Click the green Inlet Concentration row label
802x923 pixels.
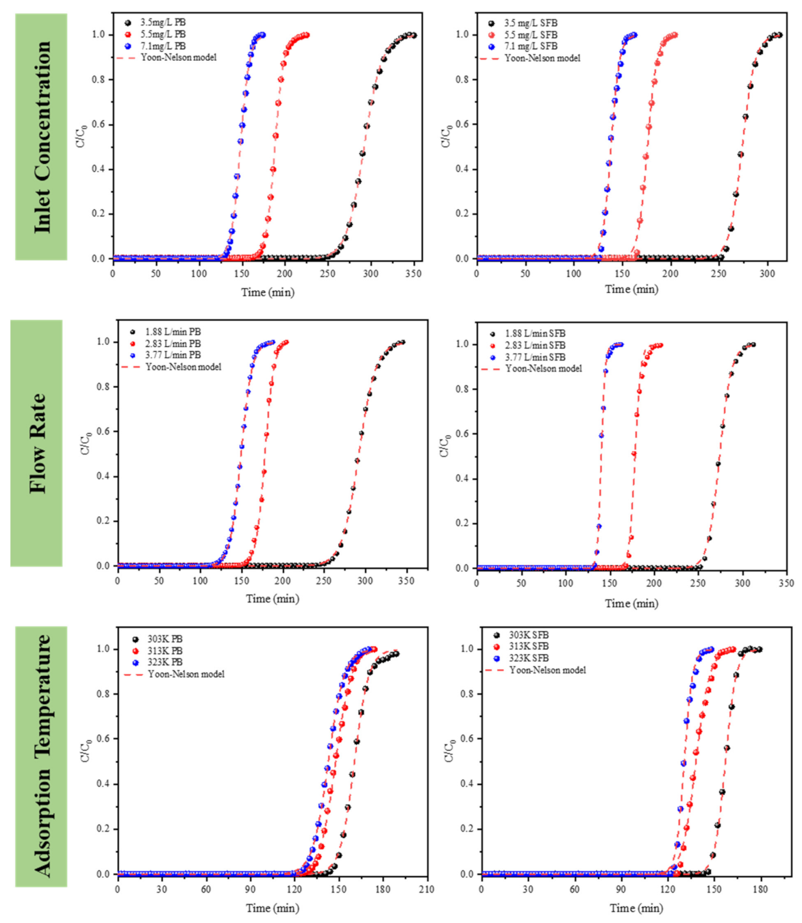tap(41, 137)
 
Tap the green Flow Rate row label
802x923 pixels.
tap(36, 443)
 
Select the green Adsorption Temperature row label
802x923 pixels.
tap(41, 756)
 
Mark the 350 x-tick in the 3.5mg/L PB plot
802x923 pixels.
tap(413, 274)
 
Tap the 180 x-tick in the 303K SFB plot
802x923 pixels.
tap(760, 889)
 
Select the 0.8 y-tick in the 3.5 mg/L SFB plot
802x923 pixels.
tap(462, 79)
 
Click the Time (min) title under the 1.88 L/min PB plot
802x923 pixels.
tap(272, 599)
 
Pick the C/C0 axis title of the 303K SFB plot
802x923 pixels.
tap(449, 751)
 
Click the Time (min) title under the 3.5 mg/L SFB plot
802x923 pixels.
tap(631, 289)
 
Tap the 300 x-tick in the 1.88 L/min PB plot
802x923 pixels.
tap(365, 581)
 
